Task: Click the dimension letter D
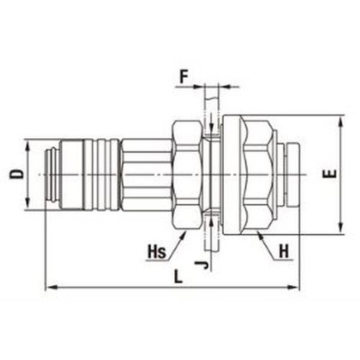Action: (x=17, y=174)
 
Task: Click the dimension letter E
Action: (x=329, y=174)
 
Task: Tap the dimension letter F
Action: (x=184, y=77)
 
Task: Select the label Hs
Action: (x=157, y=252)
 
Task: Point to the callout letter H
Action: (x=284, y=252)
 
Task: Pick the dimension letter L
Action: (x=178, y=276)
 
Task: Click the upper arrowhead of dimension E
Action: (x=341, y=122)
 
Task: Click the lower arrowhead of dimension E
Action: (x=341, y=228)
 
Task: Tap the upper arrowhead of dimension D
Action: (x=28, y=146)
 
